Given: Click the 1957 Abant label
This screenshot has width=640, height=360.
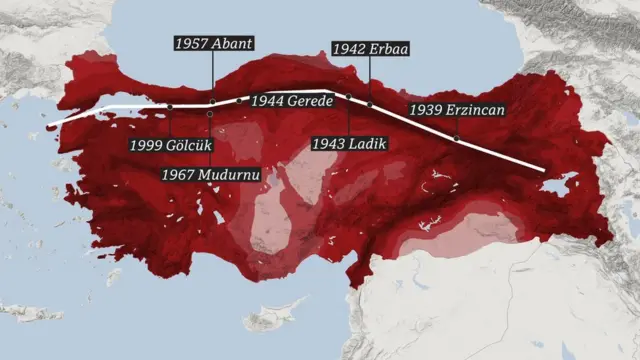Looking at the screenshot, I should point(214,44).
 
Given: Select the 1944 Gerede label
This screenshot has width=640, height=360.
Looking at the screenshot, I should point(290,101).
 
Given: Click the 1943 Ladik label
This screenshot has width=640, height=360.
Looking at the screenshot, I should point(348,144).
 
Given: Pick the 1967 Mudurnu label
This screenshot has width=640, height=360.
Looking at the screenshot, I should point(211,174).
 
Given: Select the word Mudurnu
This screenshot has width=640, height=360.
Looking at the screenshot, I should point(228,174).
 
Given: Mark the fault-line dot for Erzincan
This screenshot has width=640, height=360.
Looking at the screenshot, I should point(458,139).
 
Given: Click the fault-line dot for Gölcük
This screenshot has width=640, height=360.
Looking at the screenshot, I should point(170,106).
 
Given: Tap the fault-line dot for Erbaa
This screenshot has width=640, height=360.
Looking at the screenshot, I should point(370,104).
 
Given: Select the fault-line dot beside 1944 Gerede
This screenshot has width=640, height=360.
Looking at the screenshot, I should point(240,101).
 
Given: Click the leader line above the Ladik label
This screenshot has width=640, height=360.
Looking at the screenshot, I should point(348,116).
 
